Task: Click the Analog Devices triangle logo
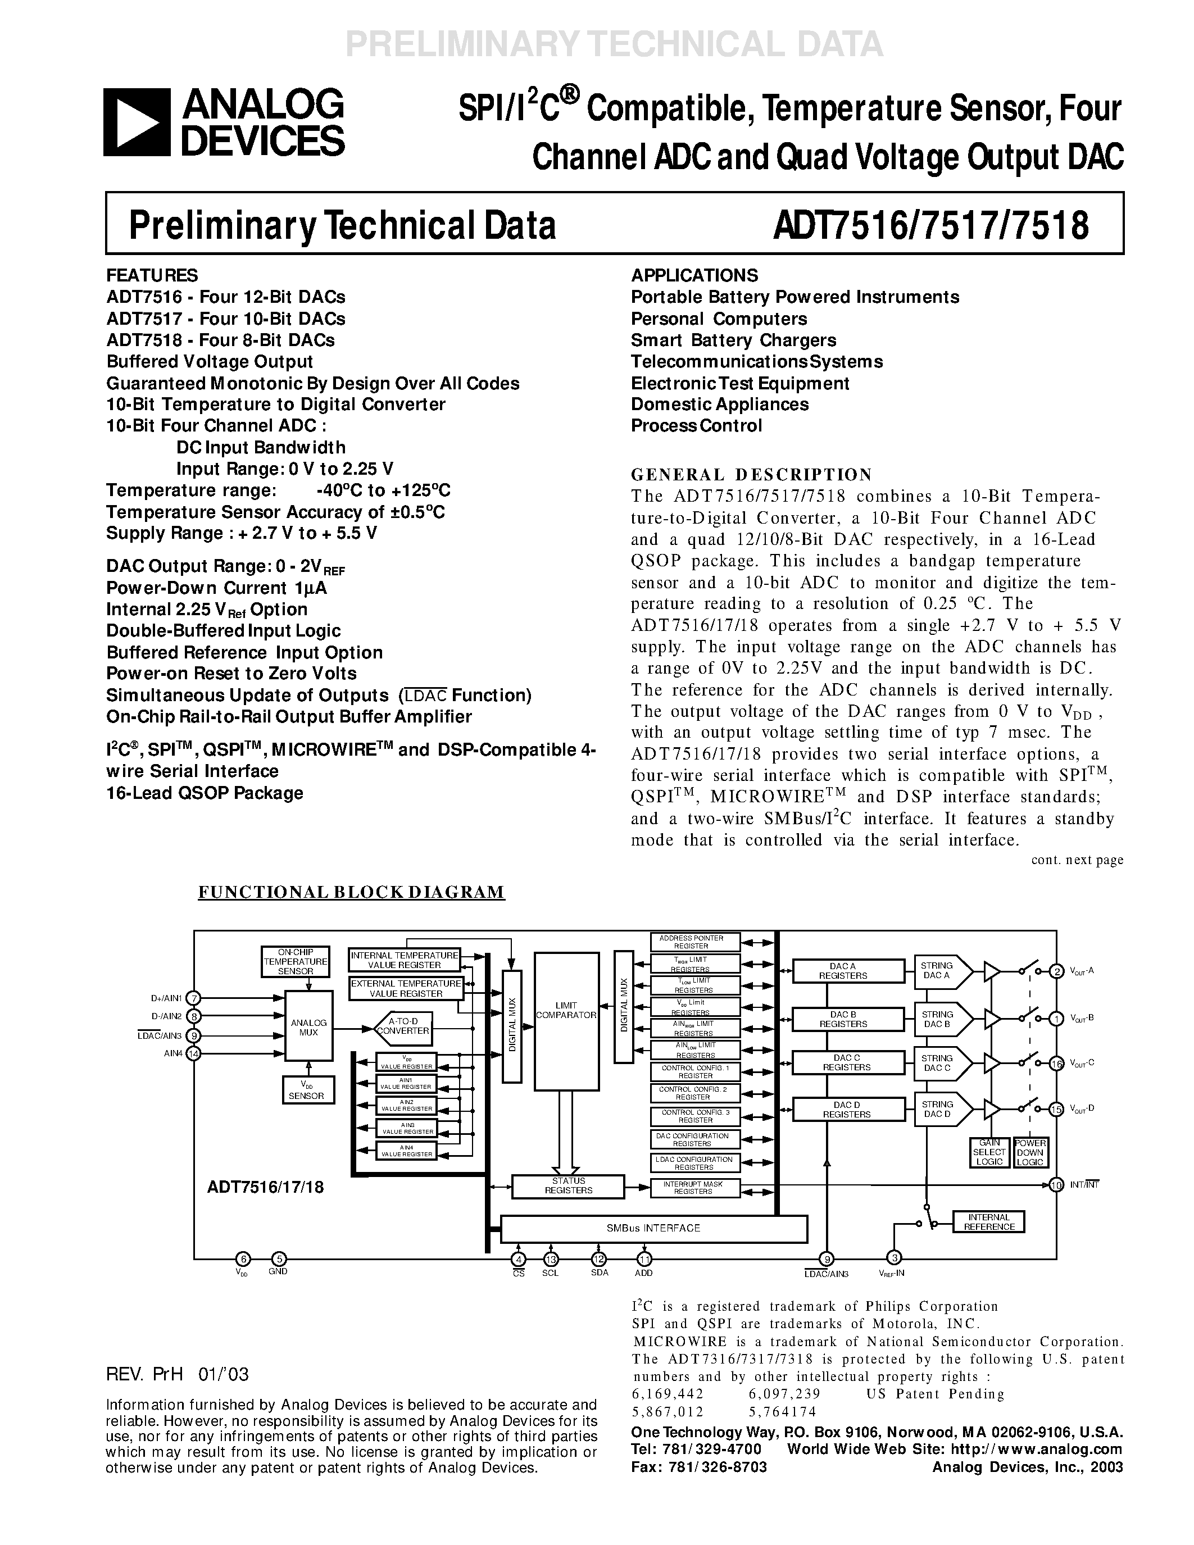coord(137,122)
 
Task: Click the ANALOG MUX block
coord(308,1027)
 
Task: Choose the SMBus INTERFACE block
coord(653,1229)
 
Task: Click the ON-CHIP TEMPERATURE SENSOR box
coord(296,961)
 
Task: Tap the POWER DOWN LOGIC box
coord(1030,1152)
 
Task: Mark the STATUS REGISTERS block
coord(568,1185)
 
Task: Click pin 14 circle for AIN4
coord(194,1053)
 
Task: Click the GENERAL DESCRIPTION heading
coord(751,474)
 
